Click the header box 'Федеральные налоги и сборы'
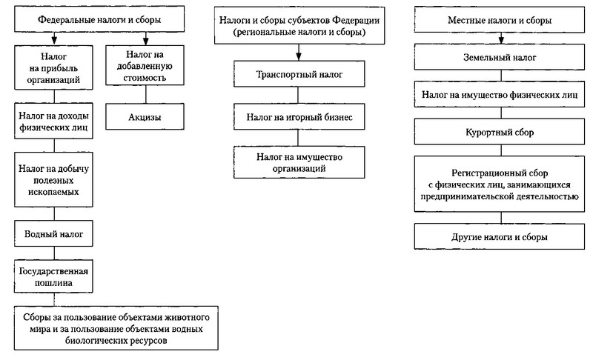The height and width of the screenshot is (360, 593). [99, 19]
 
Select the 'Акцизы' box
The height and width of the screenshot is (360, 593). [145, 117]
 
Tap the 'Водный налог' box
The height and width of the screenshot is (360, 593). [53, 234]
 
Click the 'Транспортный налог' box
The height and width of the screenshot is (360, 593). [299, 74]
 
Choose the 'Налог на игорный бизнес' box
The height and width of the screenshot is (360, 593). [299, 117]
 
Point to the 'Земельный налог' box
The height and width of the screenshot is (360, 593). [500, 57]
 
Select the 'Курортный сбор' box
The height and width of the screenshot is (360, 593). [500, 132]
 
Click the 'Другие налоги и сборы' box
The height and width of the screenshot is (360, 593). [500, 236]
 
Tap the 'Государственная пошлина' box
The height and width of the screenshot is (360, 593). [53, 276]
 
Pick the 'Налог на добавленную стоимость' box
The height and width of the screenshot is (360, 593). [145, 65]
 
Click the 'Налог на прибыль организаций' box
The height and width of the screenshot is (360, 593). [53, 67]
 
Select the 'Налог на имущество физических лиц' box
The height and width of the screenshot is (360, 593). [500, 94]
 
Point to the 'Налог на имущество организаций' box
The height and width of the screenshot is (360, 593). [299, 162]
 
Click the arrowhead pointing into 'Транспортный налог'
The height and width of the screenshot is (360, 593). [299, 56]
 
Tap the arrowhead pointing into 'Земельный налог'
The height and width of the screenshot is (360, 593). [501, 40]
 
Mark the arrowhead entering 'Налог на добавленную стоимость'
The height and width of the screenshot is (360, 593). [145, 41]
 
